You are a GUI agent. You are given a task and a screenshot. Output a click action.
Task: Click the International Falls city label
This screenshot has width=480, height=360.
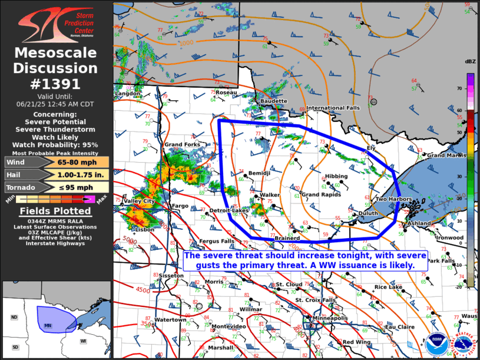pos(333,108)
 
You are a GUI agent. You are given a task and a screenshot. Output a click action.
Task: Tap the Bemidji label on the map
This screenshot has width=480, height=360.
pos(259,173)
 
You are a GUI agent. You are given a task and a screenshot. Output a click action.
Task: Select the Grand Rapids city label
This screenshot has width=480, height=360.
pos(321,194)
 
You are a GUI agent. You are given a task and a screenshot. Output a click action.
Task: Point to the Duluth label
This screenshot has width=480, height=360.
pos(368,213)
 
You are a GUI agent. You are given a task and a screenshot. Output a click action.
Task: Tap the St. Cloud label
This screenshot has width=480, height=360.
pos(289,285)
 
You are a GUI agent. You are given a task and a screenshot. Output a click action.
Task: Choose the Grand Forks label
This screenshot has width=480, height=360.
pos(182,144)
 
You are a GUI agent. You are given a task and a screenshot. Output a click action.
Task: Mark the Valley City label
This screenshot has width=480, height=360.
pos(138,202)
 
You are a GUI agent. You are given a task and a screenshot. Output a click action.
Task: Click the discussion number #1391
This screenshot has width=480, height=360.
pos(55,84)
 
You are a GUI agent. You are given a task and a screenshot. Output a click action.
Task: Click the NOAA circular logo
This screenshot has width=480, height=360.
pos(437,345)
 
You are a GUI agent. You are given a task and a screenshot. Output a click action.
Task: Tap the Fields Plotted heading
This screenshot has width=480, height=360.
pos(55,211)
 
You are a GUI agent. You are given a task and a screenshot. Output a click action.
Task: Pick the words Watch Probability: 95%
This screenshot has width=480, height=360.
pos(55,144)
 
